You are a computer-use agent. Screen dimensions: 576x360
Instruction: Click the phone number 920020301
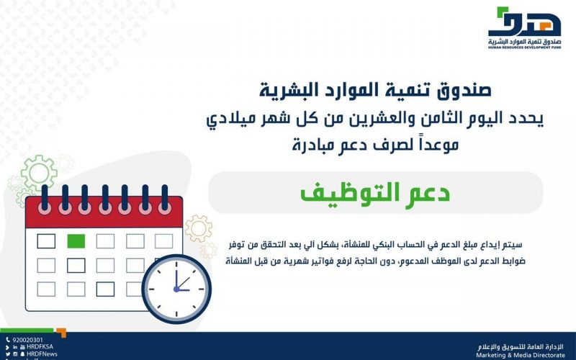pos(27,340)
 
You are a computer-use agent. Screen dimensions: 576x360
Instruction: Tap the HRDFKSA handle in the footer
pos(40,346)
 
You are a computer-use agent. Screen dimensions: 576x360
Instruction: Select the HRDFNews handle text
pos(42,354)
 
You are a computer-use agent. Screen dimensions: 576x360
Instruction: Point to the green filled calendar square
pos(76,241)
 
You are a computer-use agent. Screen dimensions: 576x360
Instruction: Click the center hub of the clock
pos(176,289)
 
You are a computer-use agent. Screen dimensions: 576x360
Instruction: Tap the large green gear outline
pos(39,173)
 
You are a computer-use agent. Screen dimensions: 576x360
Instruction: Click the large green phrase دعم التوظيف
pos(375,193)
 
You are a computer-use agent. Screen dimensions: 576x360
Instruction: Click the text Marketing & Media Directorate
pos(521,355)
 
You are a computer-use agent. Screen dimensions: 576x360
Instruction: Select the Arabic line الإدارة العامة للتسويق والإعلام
pos(521,347)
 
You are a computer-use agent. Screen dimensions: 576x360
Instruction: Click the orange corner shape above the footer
pos(61,333)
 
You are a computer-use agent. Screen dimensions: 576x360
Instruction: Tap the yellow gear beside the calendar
pos(199,228)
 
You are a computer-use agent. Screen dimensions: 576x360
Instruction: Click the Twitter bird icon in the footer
pos(8,354)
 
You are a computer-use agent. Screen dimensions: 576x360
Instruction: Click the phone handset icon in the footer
pos(8,340)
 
